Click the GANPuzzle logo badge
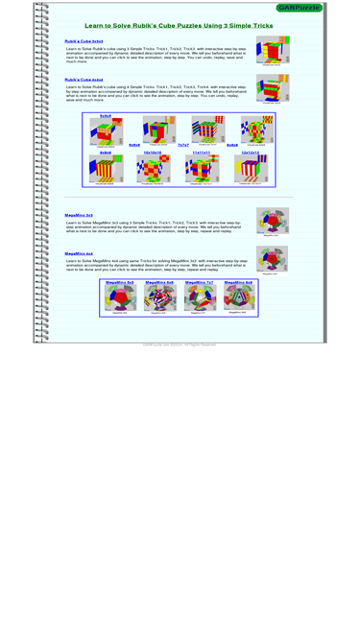[x=299, y=8]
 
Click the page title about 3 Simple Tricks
[x=179, y=26]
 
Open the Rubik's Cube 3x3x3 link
[x=84, y=42]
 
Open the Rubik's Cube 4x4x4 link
[x=84, y=80]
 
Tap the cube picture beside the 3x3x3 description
[x=273, y=50]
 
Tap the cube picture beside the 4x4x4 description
[x=273, y=88]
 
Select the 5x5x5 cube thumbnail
[x=106, y=131]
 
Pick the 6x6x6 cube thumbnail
[x=159, y=130]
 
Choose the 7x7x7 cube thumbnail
[x=207, y=130]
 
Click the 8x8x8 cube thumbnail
[x=256, y=130]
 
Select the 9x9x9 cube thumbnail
[x=106, y=169]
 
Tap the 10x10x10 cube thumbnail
[x=153, y=169]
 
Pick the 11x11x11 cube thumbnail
[x=202, y=169]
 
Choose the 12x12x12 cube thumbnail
[x=251, y=169]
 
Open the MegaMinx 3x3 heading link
[x=79, y=215]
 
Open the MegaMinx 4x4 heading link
[x=79, y=253]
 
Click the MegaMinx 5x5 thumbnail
[x=119, y=298]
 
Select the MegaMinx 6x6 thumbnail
[x=159, y=298]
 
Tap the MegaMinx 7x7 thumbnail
[x=200, y=298]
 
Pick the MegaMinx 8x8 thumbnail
[x=239, y=298]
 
